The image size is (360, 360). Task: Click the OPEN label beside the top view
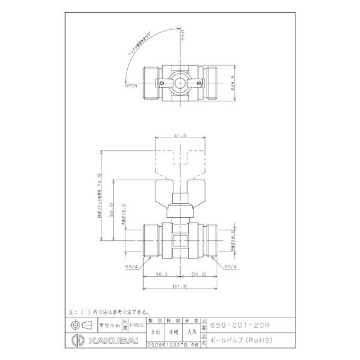click(131, 84)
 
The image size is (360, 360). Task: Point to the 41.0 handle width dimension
click(180, 134)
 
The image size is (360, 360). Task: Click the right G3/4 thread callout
click(230, 266)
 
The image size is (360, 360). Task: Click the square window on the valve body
click(180, 240)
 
